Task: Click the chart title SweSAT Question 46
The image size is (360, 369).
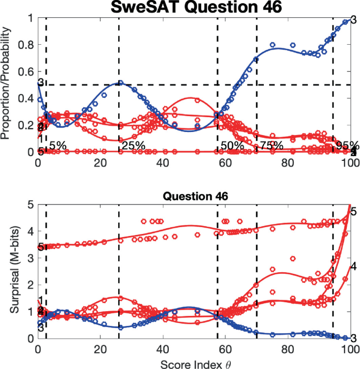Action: point(194,7)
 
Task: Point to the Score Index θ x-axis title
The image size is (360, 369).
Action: point(194,363)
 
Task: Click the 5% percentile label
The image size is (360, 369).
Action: point(58,145)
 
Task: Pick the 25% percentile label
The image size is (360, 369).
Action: point(132,145)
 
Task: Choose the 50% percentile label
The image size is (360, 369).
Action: point(231,145)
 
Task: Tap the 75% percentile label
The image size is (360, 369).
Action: point(271,145)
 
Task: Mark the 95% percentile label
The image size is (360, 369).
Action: point(347,145)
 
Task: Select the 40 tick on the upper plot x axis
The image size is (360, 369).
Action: point(163,163)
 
